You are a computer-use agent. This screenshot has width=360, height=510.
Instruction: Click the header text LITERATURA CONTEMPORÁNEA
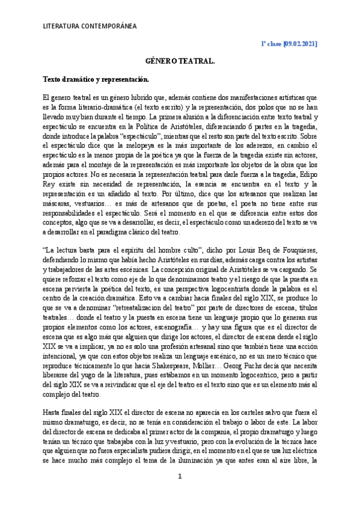(90, 26)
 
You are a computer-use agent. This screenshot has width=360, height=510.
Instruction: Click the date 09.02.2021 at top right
(299, 45)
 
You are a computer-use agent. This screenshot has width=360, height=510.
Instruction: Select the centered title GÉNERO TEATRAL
(180, 61)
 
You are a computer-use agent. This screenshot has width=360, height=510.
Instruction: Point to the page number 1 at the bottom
(179, 477)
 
